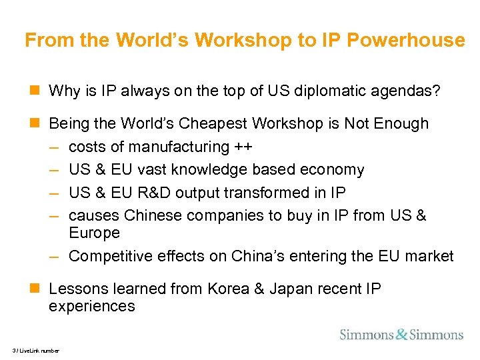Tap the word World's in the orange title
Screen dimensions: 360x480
[x=157, y=41]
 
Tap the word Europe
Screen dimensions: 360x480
[x=94, y=233]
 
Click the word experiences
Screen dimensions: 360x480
[x=92, y=307]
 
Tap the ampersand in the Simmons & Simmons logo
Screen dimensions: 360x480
[x=401, y=334]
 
